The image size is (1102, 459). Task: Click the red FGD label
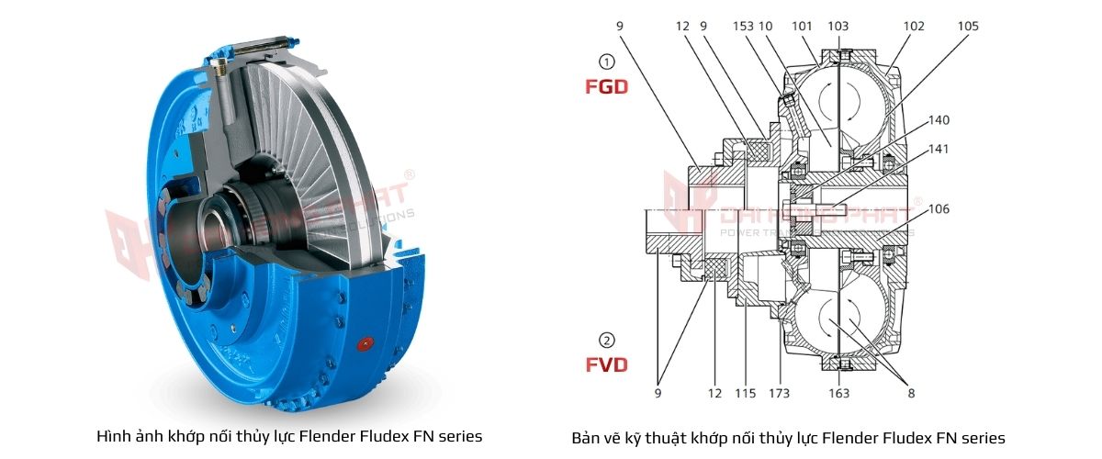click(x=606, y=88)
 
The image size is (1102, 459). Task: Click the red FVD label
click(x=606, y=364)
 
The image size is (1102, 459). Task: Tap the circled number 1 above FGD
click(x=605, y=62)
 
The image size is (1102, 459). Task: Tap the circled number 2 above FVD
click(x=605, y=338)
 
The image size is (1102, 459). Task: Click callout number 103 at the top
click(x=838, y=27)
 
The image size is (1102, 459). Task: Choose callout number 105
click(x=968, y=27)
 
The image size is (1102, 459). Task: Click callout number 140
click(x=939, y=119)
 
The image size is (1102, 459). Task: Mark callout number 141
click(x=939, y=149)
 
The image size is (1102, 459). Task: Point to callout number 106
click(x=939, y=209)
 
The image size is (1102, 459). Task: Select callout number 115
click(x=745, y=393)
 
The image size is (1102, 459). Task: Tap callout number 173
click(x=779, y=393)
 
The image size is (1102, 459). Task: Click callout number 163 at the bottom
click(x=838, y=393)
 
